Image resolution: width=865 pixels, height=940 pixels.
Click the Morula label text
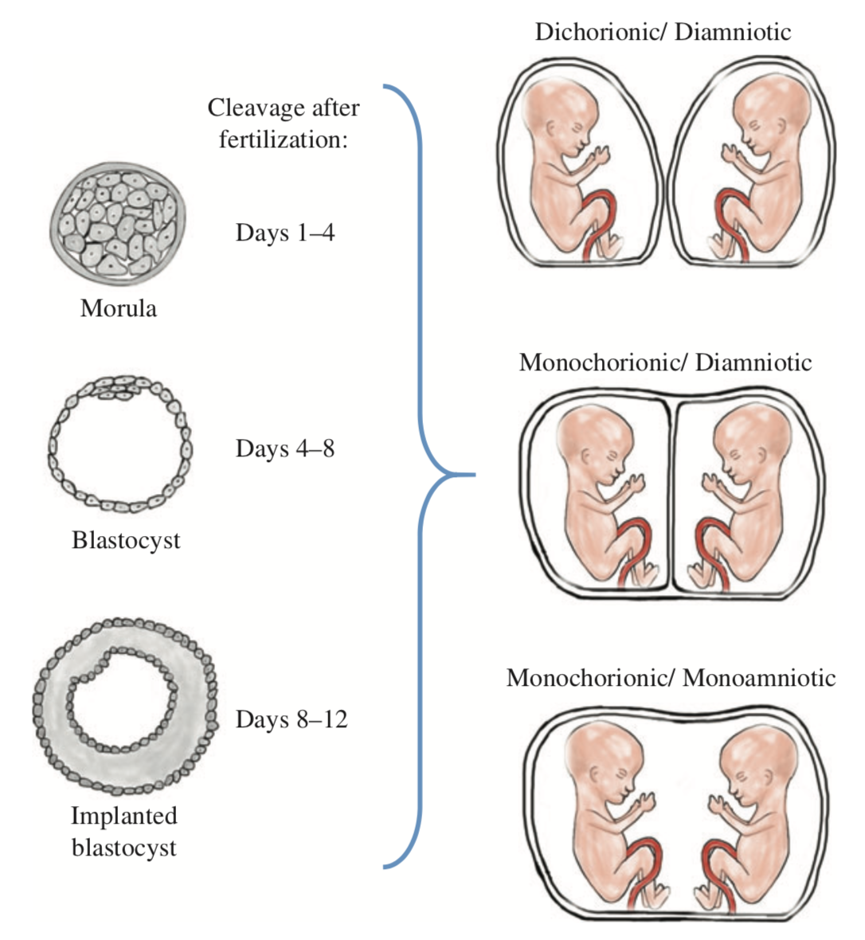point(119,308)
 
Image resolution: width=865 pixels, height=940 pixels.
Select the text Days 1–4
point(285,233)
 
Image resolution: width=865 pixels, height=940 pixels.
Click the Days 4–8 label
point(285,448)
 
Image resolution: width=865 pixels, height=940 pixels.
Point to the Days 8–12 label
point(292,719)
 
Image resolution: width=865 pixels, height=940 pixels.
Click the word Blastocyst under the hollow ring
point(126,540)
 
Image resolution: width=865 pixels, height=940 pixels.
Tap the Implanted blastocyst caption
point(124,831)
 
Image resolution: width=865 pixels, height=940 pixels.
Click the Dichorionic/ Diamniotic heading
point(663,32)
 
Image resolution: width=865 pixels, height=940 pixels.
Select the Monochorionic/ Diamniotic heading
point(665,362)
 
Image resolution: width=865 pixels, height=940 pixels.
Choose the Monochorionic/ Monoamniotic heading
point(671,678)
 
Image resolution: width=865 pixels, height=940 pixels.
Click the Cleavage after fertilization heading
point(284,123)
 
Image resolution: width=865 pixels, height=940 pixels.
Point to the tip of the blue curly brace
point(472,476)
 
